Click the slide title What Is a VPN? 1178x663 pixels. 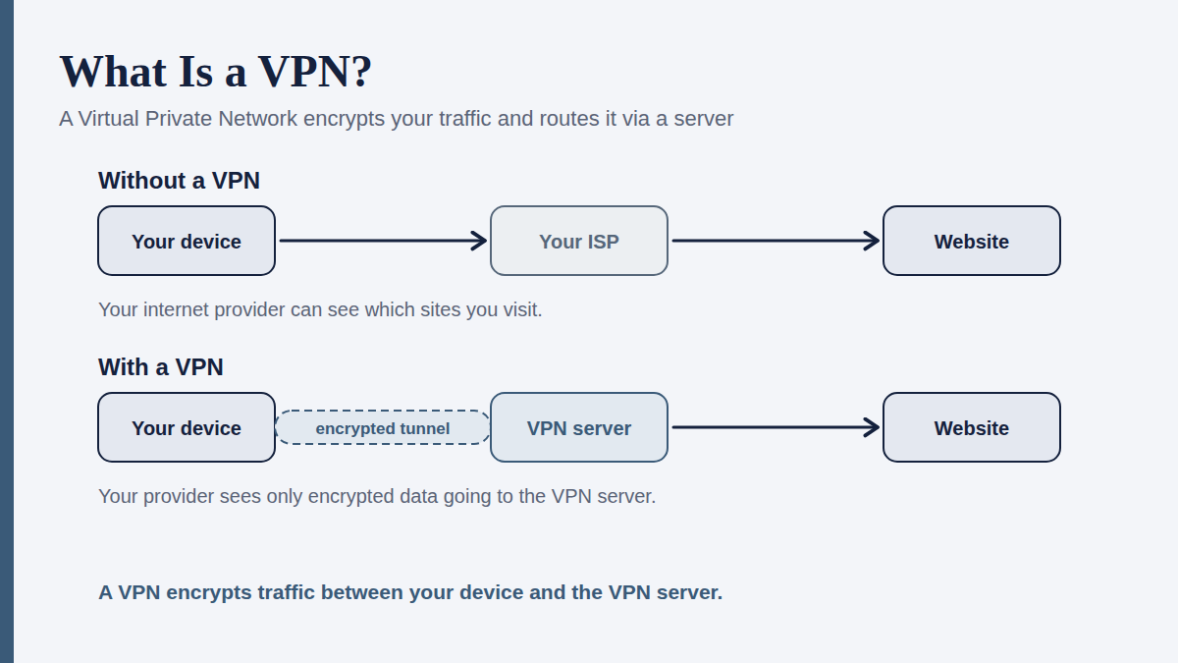216,72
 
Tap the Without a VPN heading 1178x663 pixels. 179,181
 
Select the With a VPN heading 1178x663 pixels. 160,367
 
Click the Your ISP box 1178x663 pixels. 579,241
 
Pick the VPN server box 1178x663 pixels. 579,427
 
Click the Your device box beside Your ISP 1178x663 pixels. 187,241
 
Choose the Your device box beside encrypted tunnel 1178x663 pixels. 187,427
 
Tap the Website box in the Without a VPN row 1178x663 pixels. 971,241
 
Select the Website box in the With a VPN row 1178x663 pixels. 971,427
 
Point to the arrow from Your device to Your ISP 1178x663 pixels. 383,241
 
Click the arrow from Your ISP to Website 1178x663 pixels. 776,241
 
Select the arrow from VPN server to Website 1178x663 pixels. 776,427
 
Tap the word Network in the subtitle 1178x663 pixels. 257,119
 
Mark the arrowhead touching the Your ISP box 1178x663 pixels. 479,241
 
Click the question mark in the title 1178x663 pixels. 363,72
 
